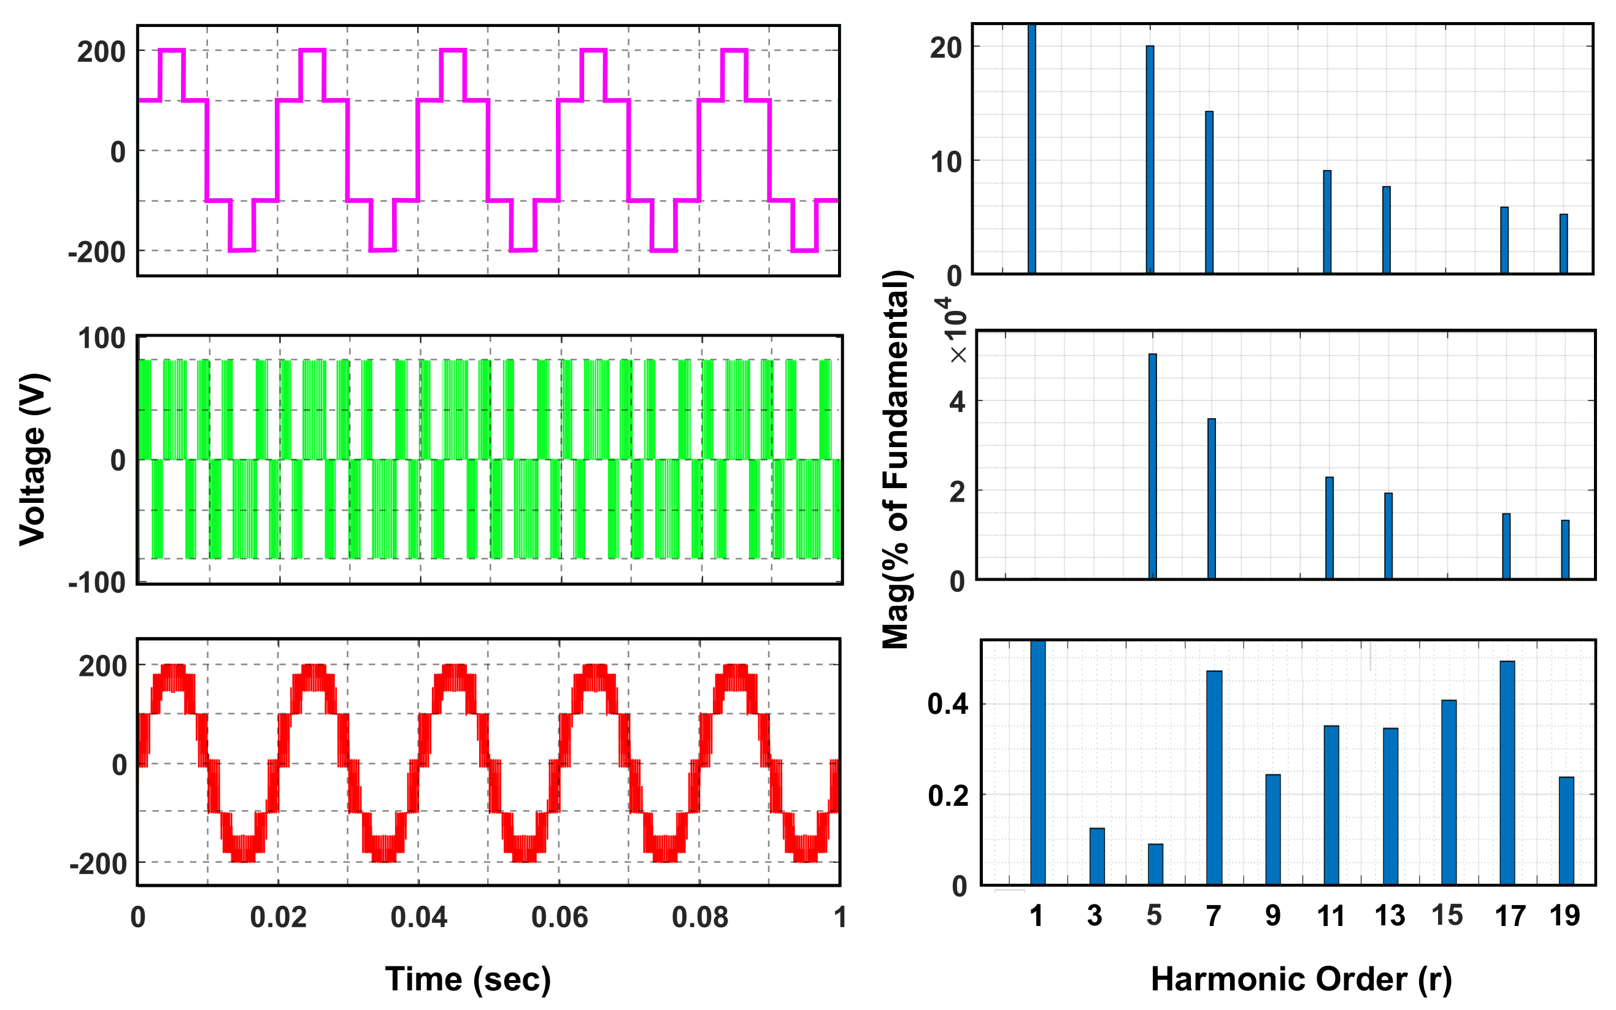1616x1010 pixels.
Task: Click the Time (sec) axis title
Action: pos(468,979)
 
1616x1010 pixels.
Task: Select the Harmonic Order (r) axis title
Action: pos(1301,979)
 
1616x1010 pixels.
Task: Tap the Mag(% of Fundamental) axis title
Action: pos(896,459)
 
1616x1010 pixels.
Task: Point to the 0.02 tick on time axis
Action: pos(278,917)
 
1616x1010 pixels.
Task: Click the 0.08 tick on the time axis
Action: pos(700,917)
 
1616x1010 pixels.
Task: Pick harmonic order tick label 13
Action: pos(1390,916)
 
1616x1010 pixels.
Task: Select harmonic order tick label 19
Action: pos(1564,916)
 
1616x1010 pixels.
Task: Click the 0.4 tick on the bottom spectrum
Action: pos(948,704)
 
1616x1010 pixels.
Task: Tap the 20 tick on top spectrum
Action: pos(945,48)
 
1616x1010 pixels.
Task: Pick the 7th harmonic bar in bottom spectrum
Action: pos(1214,778)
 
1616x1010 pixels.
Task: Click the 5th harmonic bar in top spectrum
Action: pos(1150,160)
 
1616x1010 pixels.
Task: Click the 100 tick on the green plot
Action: pos(102,339)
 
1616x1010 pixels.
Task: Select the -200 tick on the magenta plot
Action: pos(97,253)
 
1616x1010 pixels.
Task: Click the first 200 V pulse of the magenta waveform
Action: pos(172,51)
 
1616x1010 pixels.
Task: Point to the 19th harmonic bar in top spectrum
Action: pos(1563,244)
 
